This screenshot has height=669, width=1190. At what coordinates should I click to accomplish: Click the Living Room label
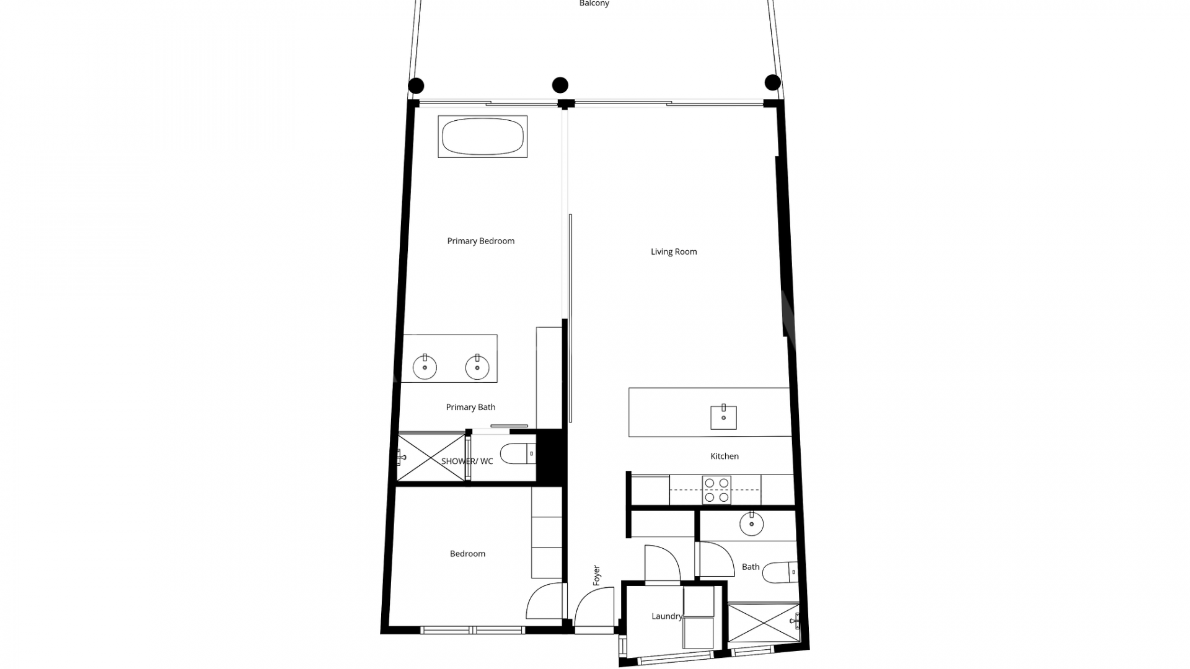674,251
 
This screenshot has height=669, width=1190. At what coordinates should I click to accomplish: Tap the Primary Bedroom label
481,241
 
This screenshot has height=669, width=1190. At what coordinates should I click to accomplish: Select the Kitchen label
725,456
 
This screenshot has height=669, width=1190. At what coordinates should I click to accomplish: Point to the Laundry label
666,616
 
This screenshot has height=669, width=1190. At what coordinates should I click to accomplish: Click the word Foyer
597,575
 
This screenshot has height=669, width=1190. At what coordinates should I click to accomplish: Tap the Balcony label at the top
594,4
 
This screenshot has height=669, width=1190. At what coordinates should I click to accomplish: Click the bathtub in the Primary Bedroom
483,136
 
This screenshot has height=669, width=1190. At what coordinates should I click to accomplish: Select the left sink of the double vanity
425,367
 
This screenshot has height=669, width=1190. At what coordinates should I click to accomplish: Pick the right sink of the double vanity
477,367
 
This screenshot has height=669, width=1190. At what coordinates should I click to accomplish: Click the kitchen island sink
723,417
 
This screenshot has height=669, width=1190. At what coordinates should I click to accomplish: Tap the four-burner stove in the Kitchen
716,490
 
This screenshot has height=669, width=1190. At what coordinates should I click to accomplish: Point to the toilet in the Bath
779,572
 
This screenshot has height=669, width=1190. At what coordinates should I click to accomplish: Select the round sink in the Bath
751,524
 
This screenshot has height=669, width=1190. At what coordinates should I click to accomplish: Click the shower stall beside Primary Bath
431,457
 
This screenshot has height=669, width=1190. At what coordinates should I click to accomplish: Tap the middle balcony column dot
560,85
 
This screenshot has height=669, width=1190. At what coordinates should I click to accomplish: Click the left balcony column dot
416,86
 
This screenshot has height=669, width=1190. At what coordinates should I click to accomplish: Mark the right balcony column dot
773,82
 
